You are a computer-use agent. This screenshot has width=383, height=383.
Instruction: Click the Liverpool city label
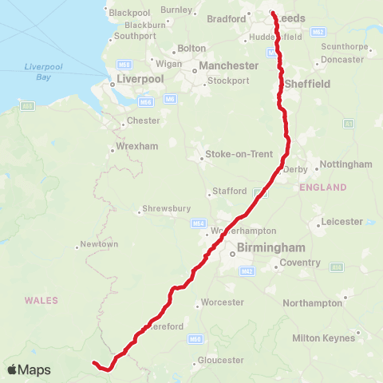140,79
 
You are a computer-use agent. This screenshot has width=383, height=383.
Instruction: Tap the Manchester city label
229,65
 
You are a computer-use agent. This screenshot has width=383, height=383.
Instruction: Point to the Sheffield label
308,83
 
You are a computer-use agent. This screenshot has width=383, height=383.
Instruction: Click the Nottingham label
345,164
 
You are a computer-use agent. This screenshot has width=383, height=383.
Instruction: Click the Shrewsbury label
166,209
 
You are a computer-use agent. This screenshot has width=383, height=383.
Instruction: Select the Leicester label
342,221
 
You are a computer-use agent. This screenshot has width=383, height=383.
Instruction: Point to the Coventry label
300,263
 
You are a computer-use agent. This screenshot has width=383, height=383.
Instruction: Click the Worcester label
223,302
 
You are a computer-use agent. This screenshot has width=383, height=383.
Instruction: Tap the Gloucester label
220,361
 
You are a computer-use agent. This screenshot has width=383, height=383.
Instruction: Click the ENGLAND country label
323,188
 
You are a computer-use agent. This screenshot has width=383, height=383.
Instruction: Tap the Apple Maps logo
29,369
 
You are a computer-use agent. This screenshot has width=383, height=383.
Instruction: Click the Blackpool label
129,13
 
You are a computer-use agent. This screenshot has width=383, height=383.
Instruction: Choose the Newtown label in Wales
99,243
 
